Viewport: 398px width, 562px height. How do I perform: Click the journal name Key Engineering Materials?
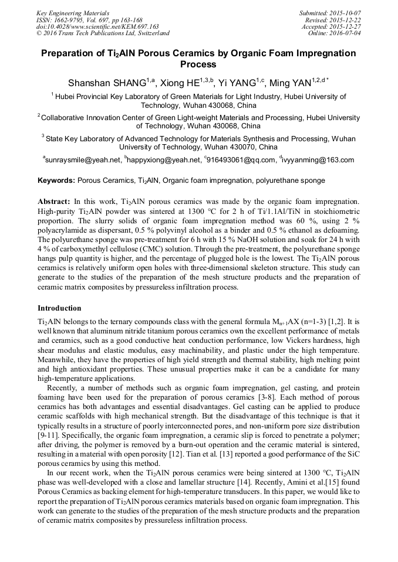coord(73,13)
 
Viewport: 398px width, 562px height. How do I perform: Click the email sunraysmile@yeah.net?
coord(83,160)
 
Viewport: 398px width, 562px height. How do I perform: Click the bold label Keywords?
coord(56,181)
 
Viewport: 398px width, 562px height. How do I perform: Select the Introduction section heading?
coord(59,308)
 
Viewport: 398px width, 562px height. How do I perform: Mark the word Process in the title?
coord(198,64)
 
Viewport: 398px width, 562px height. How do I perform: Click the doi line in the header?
coord(97,26)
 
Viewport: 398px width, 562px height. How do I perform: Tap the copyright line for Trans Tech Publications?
coord(103,33)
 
